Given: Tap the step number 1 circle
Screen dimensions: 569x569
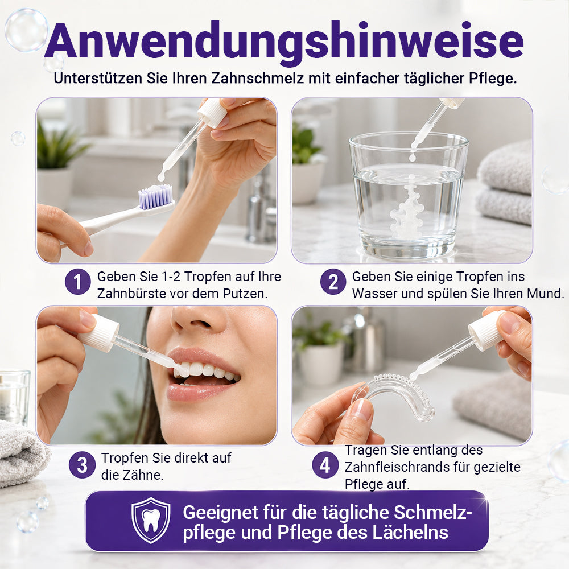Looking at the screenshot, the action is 77,282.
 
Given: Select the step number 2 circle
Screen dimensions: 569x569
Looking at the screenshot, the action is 333,282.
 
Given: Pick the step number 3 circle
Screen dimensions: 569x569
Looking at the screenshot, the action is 82,465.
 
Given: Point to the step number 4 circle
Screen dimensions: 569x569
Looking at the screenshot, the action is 325,465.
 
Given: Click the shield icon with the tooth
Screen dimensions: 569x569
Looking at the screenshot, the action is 151,520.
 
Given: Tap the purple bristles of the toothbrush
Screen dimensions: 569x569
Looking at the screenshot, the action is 155,197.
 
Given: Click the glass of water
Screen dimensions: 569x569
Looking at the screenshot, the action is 408,195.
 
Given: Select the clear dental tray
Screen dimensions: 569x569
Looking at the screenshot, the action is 395,395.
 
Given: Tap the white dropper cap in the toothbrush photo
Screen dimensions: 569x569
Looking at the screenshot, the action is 213,113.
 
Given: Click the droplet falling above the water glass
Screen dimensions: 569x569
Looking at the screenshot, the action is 412,157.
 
